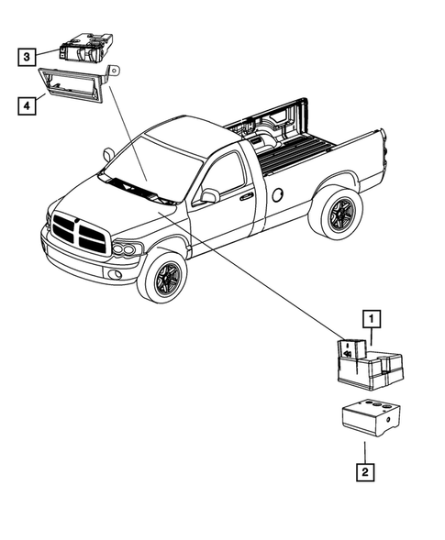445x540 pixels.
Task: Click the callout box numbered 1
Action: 372,319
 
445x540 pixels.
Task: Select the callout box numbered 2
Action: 364,473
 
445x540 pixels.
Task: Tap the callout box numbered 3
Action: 28,57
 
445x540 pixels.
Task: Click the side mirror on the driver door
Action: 211,195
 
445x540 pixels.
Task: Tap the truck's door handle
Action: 247,195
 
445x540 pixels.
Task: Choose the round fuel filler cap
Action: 277,194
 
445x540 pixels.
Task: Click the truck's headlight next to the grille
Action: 126,248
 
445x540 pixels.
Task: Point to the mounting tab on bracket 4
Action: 114,70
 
